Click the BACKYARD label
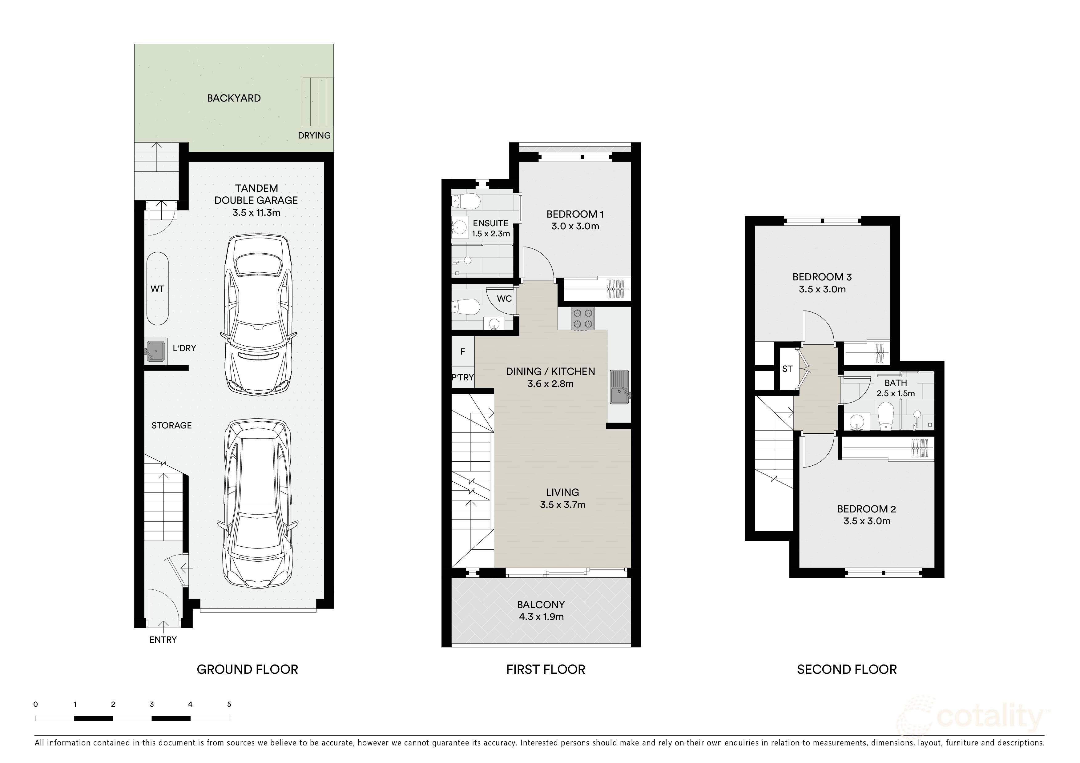coord(234,98)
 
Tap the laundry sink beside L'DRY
coord(156,351)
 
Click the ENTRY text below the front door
coord(163,639)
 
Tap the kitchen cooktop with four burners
coord(583,319)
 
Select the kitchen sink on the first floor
coord(619,387)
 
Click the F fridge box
coord(462,351)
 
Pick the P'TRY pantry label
coord(462,377)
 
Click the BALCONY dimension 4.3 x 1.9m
coord(541,616)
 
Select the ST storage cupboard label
coord(787,368)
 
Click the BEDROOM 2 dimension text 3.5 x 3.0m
coord(866,521)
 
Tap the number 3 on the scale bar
coord(151,704)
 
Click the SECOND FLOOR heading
coord(846,669)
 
